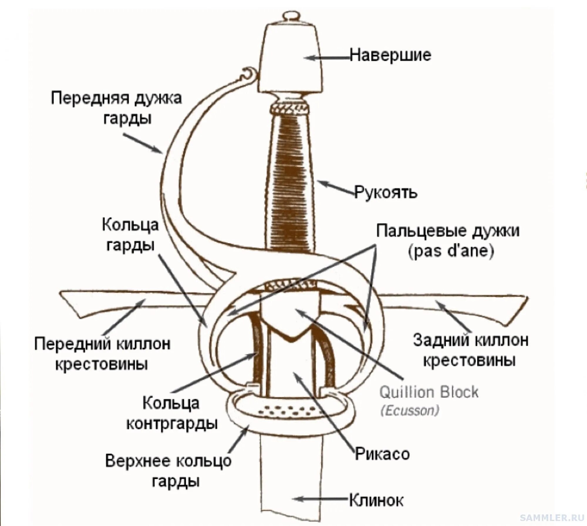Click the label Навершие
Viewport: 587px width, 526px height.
390,55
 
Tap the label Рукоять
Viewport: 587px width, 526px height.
386,192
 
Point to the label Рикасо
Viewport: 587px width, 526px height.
382,454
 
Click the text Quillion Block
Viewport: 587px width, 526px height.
429,392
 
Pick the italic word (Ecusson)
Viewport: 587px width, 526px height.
410,411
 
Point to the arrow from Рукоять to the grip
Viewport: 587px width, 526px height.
336,187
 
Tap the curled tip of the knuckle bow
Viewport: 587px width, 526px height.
249,73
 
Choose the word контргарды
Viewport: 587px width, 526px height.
172,424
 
